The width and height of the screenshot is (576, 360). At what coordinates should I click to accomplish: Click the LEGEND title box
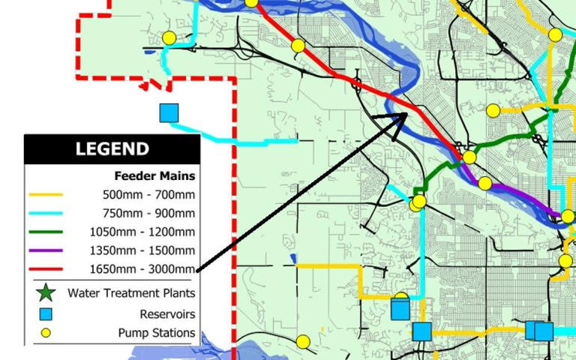pyautogui.click(x=112, y=148)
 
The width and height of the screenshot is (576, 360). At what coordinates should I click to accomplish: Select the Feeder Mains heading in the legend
pyautogui.click(x=154, y=176)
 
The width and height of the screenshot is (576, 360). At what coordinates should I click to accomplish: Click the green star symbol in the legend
pyautogui.click(x=46, y=293)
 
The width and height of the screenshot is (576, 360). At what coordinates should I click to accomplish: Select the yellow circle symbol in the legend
pyautogui.click(x=46, y=333)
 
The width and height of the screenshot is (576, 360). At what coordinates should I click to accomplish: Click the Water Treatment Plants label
pyautogui.click(x=131, y=293)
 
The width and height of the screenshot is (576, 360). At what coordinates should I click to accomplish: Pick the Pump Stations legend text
pyautogui.click(x=156, y=333)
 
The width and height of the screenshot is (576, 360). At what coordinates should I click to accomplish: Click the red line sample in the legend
pyautogui.click(x=46, y=269)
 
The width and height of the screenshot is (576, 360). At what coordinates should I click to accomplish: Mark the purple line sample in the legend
pyautogui.click(x=46, y=250)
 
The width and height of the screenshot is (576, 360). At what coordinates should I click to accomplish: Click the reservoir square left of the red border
pyautogui.click(x=169, y=112)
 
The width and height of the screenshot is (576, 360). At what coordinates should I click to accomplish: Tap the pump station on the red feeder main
pyautogui.click(x=298, y=46)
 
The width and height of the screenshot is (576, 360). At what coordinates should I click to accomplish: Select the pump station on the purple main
pyautogui.click(x=485, y=183)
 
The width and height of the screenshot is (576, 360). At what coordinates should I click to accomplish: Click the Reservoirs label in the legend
pyautogui.click(x=167, y=314)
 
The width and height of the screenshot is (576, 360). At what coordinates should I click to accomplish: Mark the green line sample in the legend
pyautogui.click(x=46, y=232)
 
